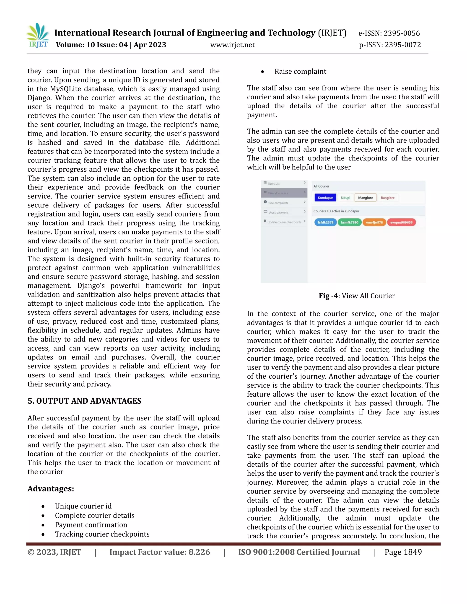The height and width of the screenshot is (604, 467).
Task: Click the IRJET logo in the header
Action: click(x=38, y=36)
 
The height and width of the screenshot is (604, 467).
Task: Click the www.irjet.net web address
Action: click(x=232, y=45)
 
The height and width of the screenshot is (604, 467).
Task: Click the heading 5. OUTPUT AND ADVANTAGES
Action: click(x=84, y=401)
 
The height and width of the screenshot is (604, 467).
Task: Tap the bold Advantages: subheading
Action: click(x=51, y=489)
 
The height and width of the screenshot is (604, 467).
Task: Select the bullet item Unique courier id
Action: click(x=83, y=506)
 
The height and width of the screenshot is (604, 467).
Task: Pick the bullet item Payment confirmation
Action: click(x=91, y=525)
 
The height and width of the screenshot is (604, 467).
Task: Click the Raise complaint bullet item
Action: click(x=300, y=71)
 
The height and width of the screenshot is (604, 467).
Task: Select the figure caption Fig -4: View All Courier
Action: click(x=357, y=296)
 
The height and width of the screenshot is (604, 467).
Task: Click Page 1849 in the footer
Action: click(x=403, y=552)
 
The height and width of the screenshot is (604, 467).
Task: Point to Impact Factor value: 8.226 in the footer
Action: click(x=160, y=552)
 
